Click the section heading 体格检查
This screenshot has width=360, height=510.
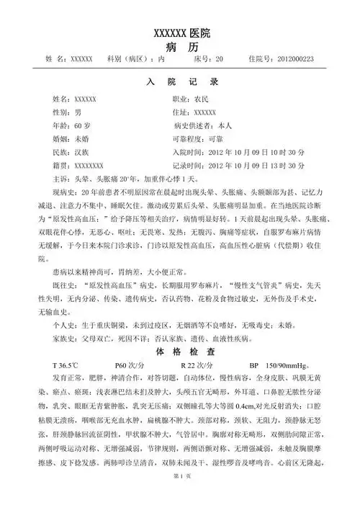pos(181,353)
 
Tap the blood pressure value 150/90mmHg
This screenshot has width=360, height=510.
pos(292,365)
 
